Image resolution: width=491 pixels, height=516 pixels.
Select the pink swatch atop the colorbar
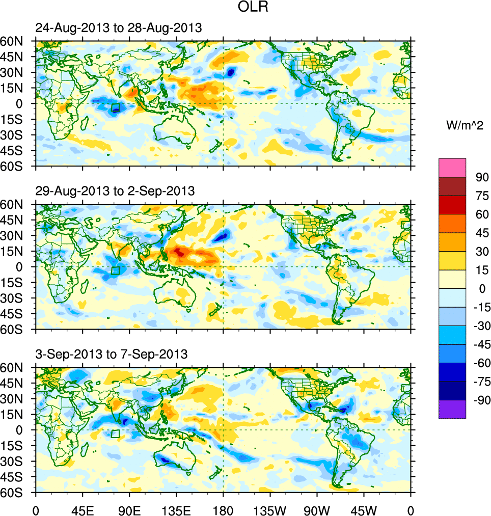452,167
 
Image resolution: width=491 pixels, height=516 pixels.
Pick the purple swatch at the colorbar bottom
452,409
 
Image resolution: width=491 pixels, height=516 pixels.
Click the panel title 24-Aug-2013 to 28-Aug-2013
119,28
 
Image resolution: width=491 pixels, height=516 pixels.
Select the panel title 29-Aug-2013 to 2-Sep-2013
115,191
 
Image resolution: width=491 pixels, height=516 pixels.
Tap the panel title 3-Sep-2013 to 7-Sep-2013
112,354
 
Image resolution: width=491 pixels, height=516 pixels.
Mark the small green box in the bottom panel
115,433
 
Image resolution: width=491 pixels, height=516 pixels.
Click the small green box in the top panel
115,107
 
